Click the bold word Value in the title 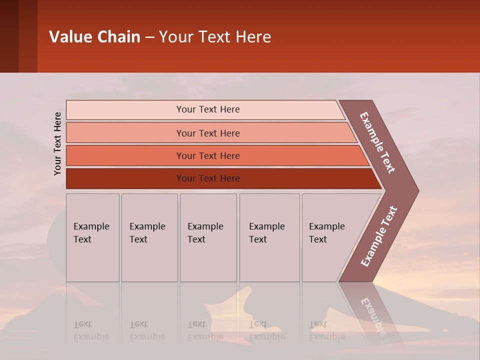(70, 37)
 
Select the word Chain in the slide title (119, 37)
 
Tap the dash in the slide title (149, 37)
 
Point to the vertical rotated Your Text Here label (57, 143)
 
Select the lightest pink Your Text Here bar (207, 109)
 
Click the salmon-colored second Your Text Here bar (207, 133)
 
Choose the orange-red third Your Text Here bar (207, 155)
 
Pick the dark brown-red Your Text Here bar (207, 178)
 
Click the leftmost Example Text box (92, 237)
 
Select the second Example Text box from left (149, 237)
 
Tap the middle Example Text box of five (208, 237)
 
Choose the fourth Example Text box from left (269, 237)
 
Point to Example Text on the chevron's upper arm (377, 142)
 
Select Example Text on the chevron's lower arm (378, 236)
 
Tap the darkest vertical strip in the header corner (9, 36)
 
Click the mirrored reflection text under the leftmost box (91, 330)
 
